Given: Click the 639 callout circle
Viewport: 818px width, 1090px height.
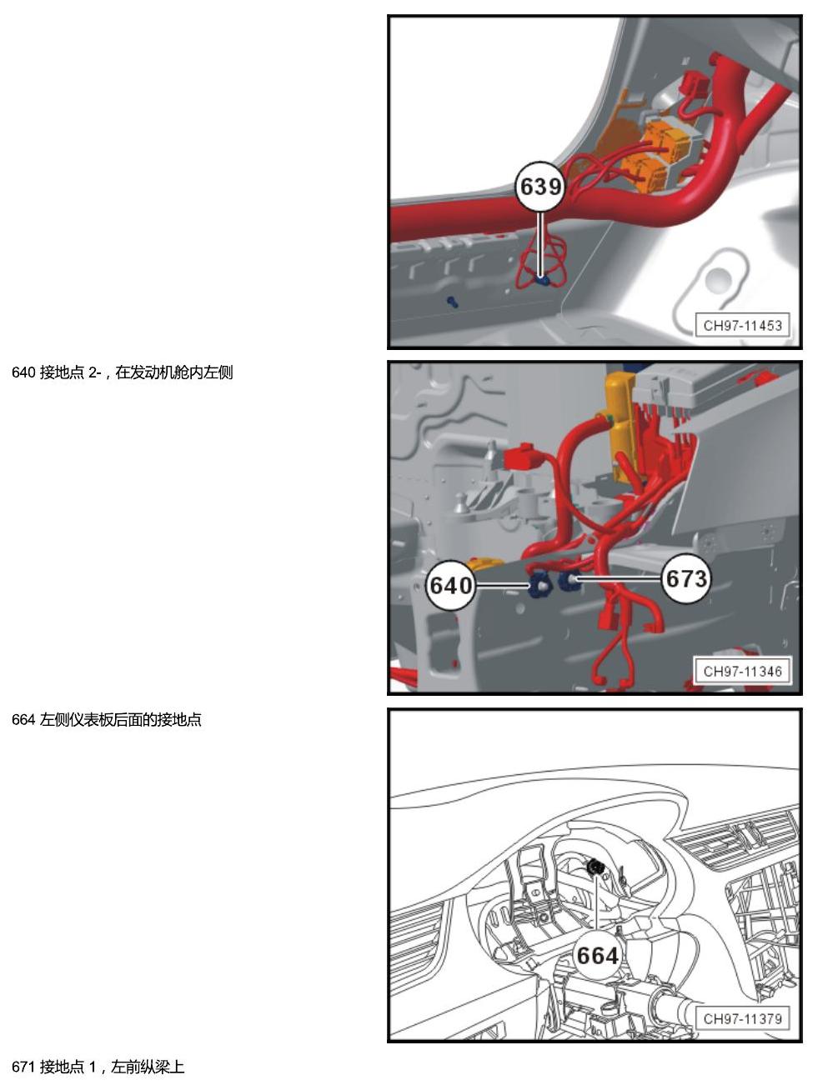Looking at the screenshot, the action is pyautogui.click(x=539, y=187).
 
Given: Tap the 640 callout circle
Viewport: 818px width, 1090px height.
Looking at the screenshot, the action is pyautogui.click(x=451, y=585).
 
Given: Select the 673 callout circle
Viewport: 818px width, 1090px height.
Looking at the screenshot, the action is pyautogui.click(x=686, y=578).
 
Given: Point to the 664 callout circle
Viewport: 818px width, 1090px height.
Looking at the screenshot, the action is pyautogui.click(x=597, y=956).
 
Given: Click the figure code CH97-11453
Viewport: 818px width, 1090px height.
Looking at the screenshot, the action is pyautogui.click(x=742, y=326).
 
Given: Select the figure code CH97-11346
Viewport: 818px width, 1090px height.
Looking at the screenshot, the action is pyautogui.click(x=742, y=672).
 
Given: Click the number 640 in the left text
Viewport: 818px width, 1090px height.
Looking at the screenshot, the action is pyautogui.click(x=23, y=372).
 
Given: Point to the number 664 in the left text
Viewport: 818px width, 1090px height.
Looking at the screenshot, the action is pyautogui.click(x=23, y=719).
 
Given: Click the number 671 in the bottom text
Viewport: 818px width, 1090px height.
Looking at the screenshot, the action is pyautogui.click(x=23, y=1067).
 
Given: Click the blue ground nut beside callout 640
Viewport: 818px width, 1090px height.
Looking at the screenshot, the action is pyautogui.click(x=539, y=586).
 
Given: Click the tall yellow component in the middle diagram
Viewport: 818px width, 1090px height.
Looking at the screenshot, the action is pyautogui.click(x=621, y=427).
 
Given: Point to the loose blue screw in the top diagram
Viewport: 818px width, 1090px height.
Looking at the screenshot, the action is pyautogui.click(x=452, y=302).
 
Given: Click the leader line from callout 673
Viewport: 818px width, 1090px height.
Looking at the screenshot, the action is pyautogui.click(x=619, y=578).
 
